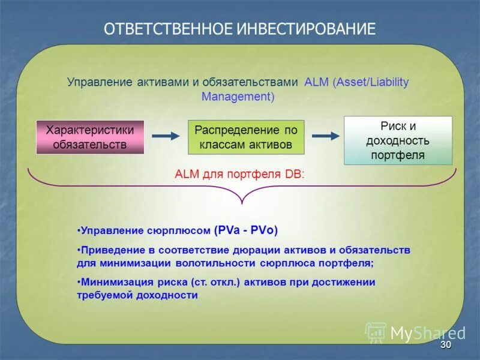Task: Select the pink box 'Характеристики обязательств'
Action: pos(90,137)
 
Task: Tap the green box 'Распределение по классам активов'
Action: pos(246,137)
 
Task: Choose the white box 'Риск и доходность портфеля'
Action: pos(398,140)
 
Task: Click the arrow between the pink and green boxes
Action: pos(166,136)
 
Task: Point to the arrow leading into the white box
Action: pos(326,136)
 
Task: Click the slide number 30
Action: pos(445,346)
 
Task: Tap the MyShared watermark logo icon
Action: pos(376,332)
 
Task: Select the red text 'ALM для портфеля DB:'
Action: pos(239,175)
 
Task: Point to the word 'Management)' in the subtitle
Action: pos(238,96)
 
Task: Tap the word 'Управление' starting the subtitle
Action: pos(96,82)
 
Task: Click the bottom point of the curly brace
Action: pos(241,203)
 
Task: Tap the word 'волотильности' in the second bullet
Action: pos(217,263)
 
